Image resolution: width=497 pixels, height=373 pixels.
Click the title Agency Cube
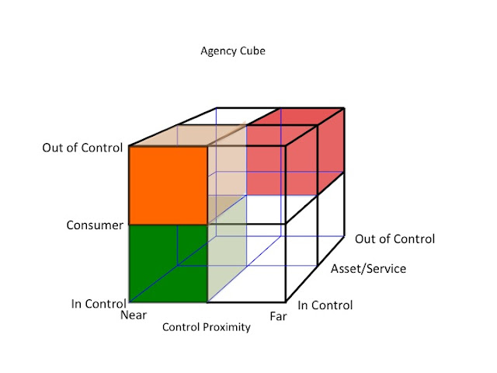[233, 52]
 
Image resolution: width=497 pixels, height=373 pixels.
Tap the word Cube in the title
[252, 52]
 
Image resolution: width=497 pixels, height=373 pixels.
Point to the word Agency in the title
[219, 52]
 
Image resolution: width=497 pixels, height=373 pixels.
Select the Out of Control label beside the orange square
[83, 147]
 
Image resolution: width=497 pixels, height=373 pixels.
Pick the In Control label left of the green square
[98, 304]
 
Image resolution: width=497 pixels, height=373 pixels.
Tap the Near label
[134, 315]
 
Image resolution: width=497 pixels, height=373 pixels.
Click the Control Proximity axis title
[207, 327]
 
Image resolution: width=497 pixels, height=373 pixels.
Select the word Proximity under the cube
[227, 327]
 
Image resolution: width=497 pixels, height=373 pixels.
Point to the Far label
[278, 316]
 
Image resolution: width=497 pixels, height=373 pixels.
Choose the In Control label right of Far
[325, 305]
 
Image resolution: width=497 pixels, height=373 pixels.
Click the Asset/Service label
[368, 269]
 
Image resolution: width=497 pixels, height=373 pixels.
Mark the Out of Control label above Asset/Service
[394, 239]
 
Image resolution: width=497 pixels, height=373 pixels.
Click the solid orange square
[168, 185]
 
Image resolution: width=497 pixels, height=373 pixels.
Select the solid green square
[168, 263]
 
